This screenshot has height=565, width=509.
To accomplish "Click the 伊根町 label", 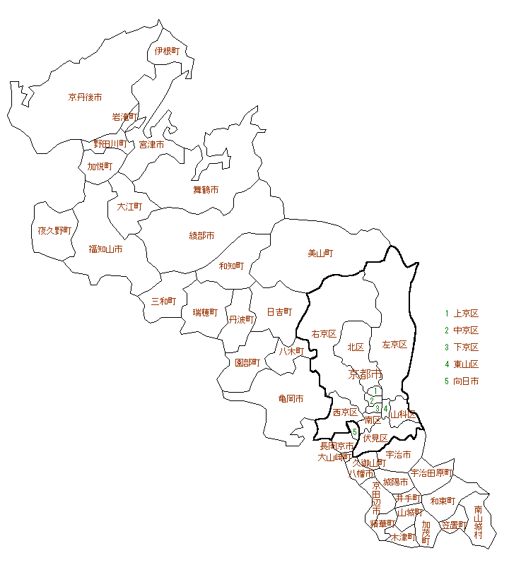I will click(x=168, y=52).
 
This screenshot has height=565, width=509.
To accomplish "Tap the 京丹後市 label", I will click(x=85, y=97).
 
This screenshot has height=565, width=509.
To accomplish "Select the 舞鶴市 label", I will click(x=206, y=189).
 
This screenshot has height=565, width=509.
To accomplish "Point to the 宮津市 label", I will click(x=151, y=144).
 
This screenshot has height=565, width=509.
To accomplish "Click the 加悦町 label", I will click(x=100, y=166).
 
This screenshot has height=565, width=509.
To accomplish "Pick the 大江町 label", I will click(x=129, y=207).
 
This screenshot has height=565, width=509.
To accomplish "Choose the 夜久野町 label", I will click(x=54, y=230).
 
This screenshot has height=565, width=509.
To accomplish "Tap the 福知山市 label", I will click(x=105, y=249).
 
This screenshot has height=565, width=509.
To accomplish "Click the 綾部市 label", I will click(x=201, y=235).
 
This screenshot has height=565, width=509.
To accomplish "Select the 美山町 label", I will click(x=320, y=253).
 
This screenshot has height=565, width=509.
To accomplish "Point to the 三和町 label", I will click(x=163, y=301).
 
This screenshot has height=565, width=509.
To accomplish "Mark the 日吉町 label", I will click(x=279, y=311).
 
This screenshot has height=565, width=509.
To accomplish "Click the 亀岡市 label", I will click(x=291, y=399).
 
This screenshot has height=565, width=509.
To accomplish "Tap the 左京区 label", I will click(x=394, y=345).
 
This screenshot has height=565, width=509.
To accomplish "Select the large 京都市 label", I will click(x=365, y=374).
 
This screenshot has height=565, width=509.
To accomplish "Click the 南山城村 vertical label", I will click(x=479, y=522).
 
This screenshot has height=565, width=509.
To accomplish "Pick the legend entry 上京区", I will click(x=466, y=314).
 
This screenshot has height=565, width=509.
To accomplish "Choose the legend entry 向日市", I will click(x=466, y=381).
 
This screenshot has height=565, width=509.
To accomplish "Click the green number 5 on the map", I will click(x=355, y=432).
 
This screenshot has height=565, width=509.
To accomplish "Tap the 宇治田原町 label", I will click(x=431, y=472).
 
